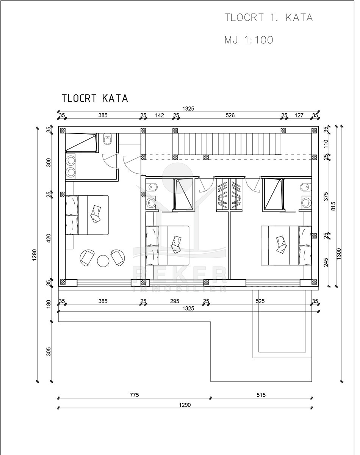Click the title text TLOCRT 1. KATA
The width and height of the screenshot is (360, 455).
click(269, 17)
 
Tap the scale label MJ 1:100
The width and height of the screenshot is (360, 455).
click(249, 40)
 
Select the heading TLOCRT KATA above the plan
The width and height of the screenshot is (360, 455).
click(95, 98)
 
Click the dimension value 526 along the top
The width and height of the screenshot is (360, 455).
click(230, 115)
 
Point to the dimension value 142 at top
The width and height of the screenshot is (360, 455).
click(160, 115)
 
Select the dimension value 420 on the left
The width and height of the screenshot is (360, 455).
click(49, 238)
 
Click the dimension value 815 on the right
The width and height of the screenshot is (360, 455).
click(333, 207)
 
